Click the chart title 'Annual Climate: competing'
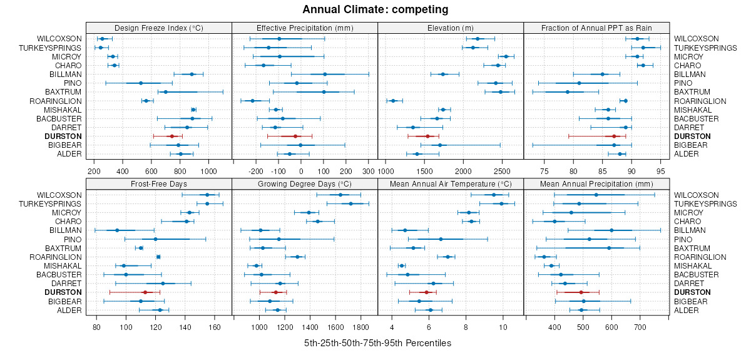[375, 9]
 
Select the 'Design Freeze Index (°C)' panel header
[159, 28]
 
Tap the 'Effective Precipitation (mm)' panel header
[305, 28]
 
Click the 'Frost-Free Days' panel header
[159, 184]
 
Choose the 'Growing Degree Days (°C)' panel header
[305, 184]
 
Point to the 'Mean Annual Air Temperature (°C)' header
[451, 184]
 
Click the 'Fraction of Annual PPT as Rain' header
[596, 28]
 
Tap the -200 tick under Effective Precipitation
[256, 170]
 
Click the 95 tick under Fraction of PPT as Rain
[661, 170]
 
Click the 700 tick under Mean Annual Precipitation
[640, 327]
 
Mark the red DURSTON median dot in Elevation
[428, 136]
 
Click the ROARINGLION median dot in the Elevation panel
[393, 101]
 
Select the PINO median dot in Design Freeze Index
[141, 83]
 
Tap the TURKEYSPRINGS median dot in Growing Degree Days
[350, 203]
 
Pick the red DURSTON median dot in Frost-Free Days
[145, 292]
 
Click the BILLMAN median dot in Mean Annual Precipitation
[611, 230]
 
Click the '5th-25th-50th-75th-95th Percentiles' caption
[377, 343]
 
